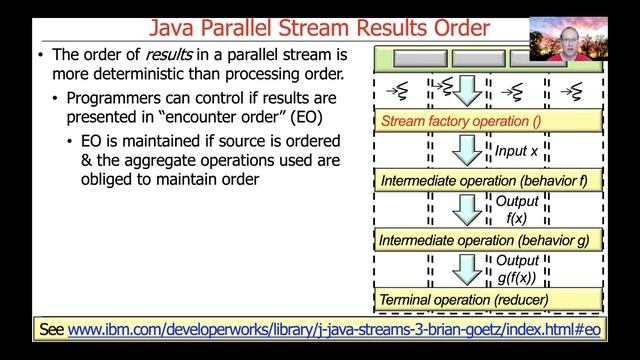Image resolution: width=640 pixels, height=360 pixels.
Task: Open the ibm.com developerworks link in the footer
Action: click(x=335, y=328)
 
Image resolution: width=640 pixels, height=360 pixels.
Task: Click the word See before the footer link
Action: click(x=51, y=328)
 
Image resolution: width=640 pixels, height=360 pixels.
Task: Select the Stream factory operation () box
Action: click(x=489, y=122)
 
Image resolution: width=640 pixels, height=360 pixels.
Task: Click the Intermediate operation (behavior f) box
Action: click(x=489, y=181)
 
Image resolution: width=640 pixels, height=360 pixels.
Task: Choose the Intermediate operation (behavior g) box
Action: click(x=489, y=240)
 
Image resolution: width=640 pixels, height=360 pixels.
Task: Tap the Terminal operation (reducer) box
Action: click(x=489, y=299)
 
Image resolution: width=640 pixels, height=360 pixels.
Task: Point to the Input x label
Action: click(x=517, y=151)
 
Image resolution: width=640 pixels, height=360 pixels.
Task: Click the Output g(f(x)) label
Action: click(x=517, y=269)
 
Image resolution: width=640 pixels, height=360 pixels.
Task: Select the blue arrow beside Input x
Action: click(x=467, y=151)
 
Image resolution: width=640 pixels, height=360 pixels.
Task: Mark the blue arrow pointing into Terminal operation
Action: click(x=467, y=269)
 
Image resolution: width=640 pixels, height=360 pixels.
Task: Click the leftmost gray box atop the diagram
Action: click(x=399, y=59)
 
